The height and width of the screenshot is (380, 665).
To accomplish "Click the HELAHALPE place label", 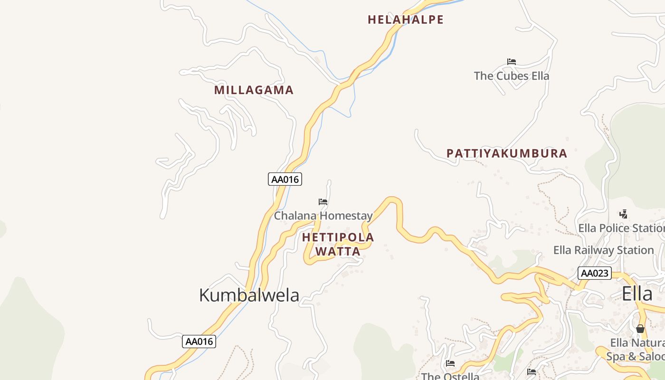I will tap(406, 20).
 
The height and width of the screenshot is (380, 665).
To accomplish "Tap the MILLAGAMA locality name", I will tap(254, 90).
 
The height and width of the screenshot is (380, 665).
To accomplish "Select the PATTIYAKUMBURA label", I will tap(507, 153).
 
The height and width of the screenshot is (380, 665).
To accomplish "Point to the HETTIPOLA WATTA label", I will tap(338, 244).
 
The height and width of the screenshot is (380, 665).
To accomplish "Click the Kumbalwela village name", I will tap(249, 295).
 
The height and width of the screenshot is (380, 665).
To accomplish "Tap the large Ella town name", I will tap(637, 294).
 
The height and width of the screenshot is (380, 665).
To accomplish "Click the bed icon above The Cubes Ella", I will tap(512, 62).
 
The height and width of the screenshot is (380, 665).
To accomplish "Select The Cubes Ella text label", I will tap(512, 76).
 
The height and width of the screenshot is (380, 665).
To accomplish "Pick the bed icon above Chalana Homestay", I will tap(323, 202).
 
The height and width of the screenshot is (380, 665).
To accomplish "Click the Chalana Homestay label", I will tap(323, 216).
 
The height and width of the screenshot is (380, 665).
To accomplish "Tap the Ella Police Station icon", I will tap(624, 214).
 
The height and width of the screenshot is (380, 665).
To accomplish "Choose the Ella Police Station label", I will tap(621, 228).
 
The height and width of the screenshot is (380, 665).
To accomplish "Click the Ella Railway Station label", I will tap(603, 250).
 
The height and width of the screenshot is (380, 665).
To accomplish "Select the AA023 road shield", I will tap(594, 273).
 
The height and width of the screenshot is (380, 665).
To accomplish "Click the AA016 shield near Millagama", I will tap(285, 179).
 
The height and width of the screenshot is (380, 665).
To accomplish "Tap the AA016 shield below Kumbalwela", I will tap(199, 341).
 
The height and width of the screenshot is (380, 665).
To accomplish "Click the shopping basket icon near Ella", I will tap(640, 329).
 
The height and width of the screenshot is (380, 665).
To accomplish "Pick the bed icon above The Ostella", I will tap(450, 363).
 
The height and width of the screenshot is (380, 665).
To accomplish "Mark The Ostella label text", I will tap(450, 376).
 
